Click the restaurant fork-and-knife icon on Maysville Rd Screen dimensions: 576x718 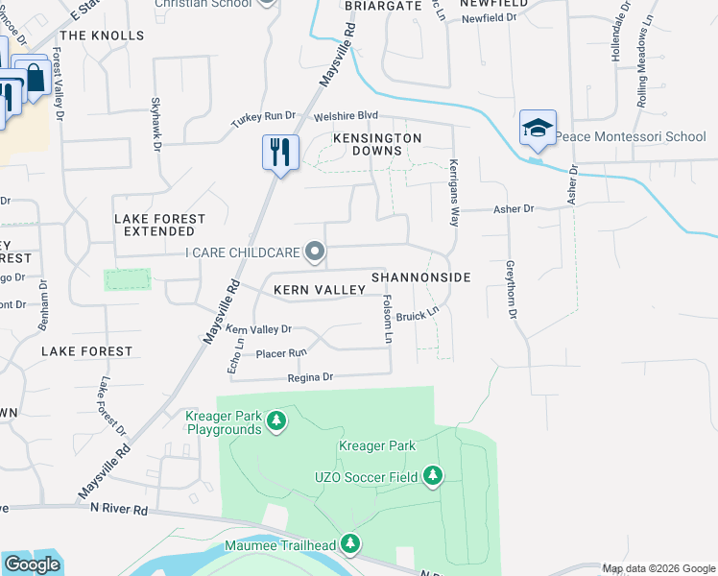(x=280, y=153)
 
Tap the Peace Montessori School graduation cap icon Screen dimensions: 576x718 (x=538, y=129)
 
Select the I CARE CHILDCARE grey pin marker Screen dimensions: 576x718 (x=315, y=252)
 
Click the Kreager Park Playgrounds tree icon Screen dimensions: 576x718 (x=276, y=420)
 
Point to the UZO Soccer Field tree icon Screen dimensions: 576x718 (x=433, y=476)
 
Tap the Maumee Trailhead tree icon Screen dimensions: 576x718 (x=349, y=545)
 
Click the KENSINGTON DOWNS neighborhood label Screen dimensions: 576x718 (x=377, y=145)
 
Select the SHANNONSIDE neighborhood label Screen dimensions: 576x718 (x=420, y=277)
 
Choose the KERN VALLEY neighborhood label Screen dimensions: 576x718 (x=319, y=289)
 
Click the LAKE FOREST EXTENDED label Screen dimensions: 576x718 (x=160, y=225)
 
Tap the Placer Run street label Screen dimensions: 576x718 (x=279, y=354)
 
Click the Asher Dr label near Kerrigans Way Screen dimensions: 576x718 (x=512, y=208)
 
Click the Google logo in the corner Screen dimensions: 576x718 (x=32, y=564)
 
